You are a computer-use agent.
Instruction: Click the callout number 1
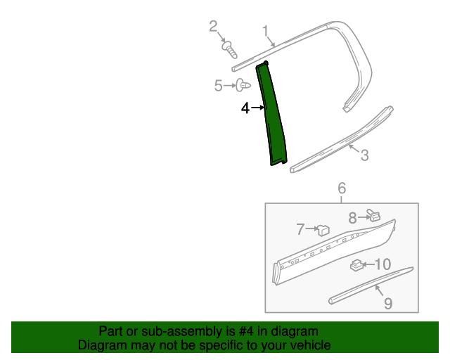[x=266, y=30]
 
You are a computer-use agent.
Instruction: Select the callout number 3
[x=364, y=155]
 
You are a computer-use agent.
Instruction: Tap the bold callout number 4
[x=245, y=108]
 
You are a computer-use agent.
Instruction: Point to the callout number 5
[x=218, y=86]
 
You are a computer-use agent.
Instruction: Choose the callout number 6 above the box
[x=342, y=188]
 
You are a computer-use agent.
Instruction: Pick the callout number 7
[x=300, y=229]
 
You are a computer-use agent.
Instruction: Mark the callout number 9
[x=387, y=303]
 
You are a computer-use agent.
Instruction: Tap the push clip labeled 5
[x=243, y=85]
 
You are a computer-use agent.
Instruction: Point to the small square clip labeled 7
[x=323, y=229]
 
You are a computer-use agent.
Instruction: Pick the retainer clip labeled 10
[x=356, y=265]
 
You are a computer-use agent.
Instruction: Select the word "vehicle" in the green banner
[x=309, y=345]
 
